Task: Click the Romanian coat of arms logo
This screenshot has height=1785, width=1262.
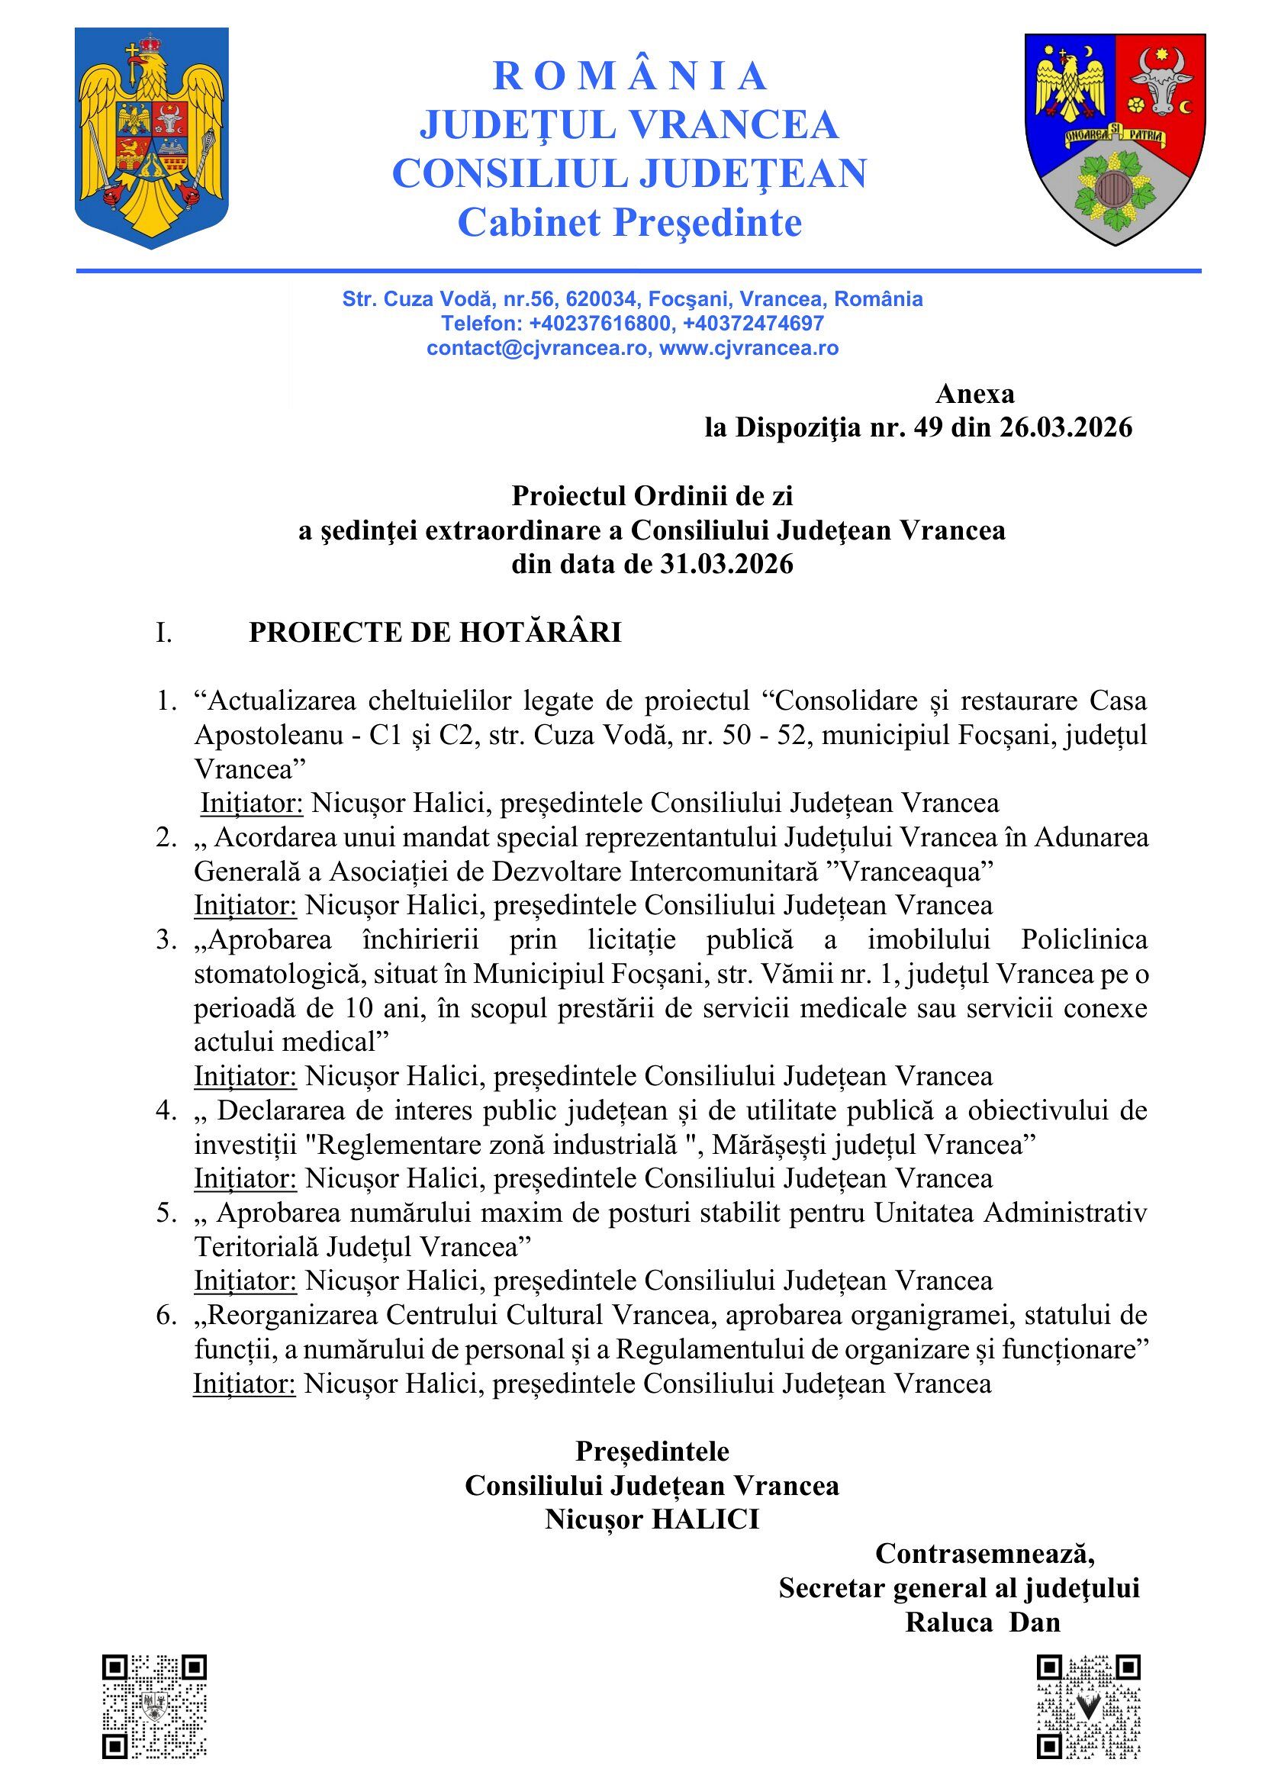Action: pyautogui.click(x=153, y=138)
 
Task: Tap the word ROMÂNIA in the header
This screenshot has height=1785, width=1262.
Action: pyautogui.click(x=630, y=76)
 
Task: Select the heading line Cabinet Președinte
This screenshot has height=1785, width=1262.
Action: pyautogui.click(x=629, y=224)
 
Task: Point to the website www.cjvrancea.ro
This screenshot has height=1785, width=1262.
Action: pyautogui.click(x=749, y=348)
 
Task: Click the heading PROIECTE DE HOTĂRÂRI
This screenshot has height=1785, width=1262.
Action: pyautogui.click(x=435, y=633)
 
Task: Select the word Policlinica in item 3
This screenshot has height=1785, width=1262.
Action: pyautogui.click(x=1083, y=940)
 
